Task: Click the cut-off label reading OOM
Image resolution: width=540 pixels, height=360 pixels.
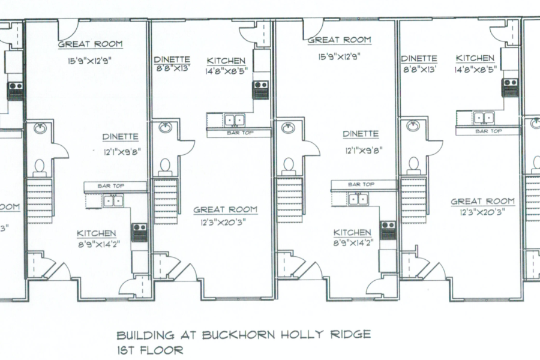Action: click(10, 207)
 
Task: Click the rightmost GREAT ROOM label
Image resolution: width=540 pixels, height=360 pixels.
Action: click(482, 202)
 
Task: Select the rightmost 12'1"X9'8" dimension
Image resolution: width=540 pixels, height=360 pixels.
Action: click(360, 151)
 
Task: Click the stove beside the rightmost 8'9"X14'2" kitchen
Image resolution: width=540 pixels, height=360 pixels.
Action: click(388, 230)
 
